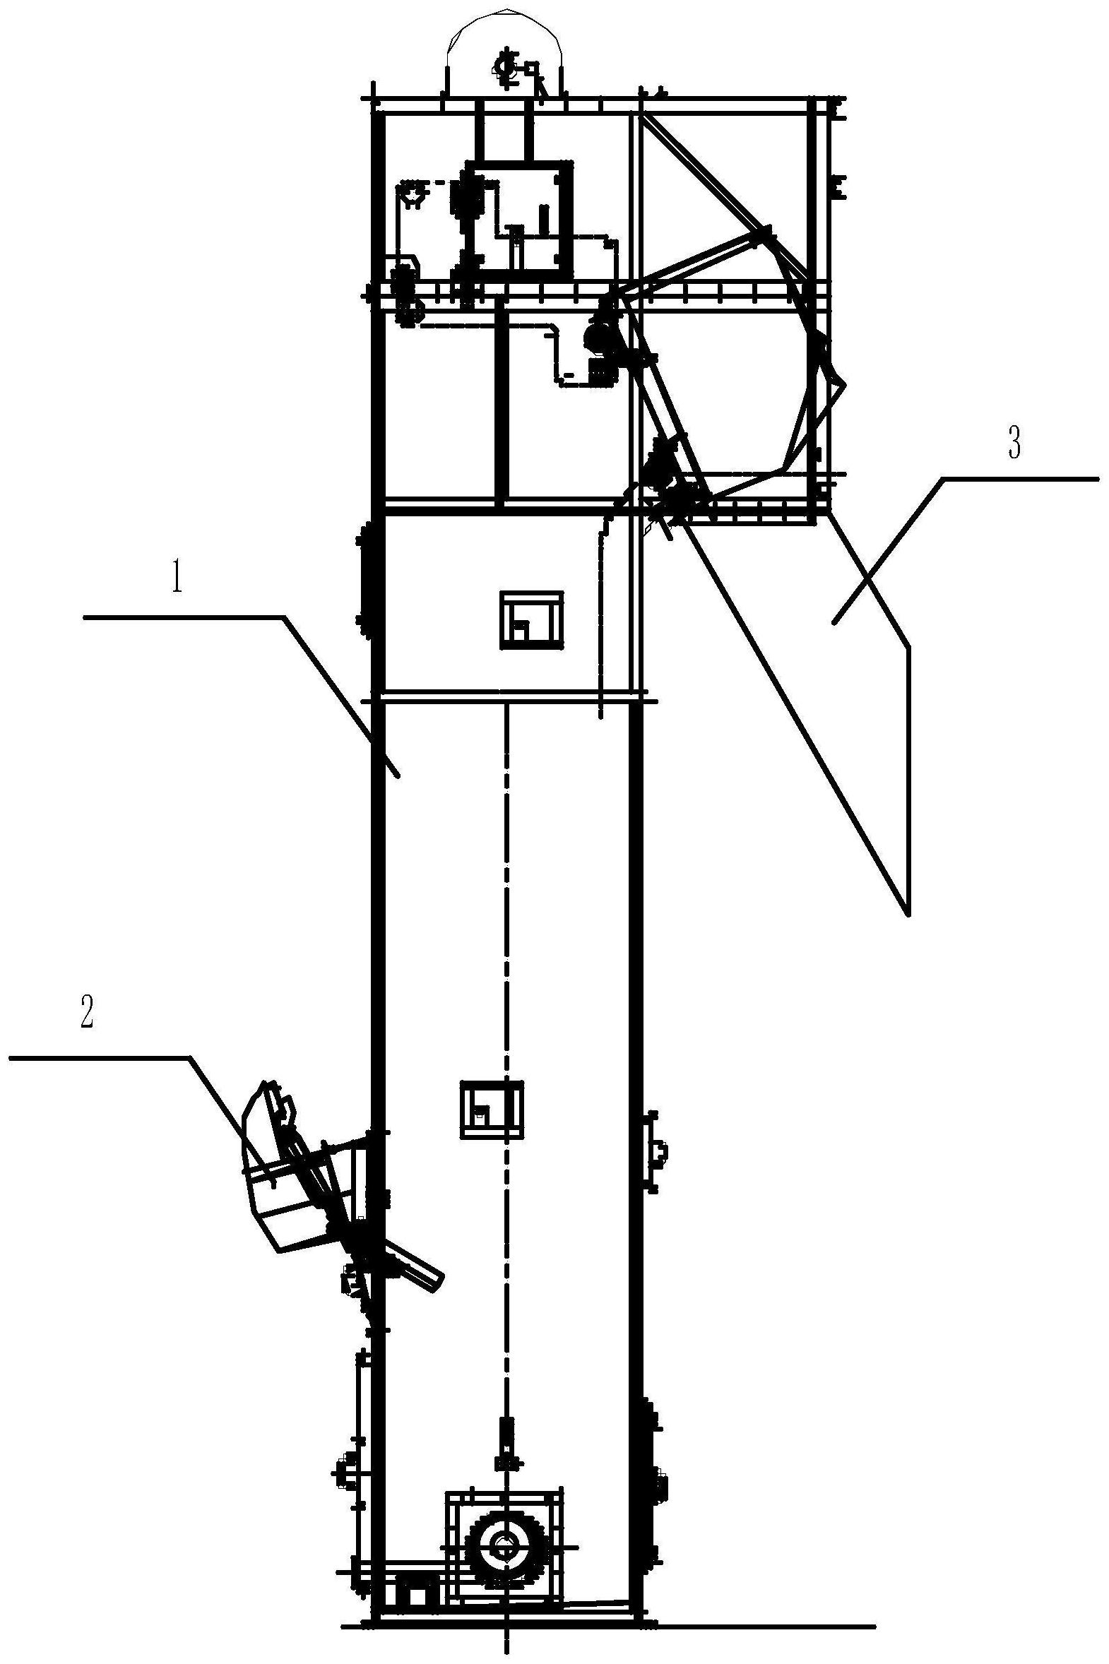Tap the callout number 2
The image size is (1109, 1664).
87,1016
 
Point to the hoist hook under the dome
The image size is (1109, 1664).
505,68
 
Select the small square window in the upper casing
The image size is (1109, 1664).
533,619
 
